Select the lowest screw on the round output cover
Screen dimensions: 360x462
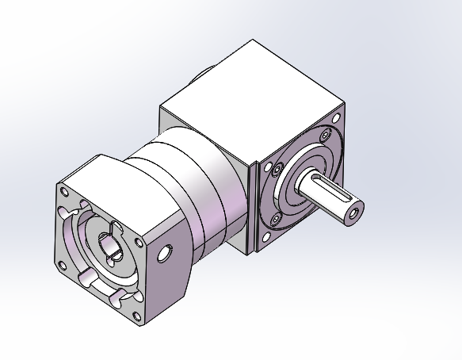[x=275, y=217]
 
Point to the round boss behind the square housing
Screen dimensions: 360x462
[x=200, y=76]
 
